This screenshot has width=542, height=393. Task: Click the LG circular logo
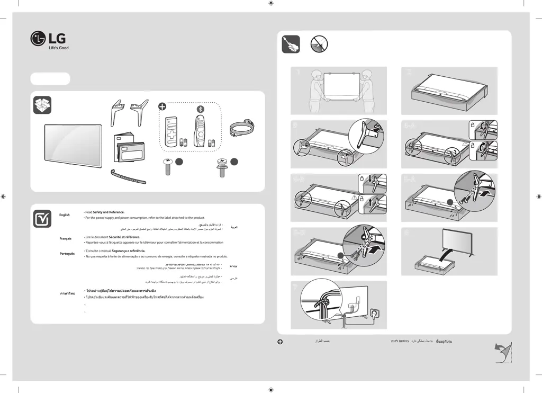tap(38, 39)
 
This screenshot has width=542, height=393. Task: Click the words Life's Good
tap(58, 48)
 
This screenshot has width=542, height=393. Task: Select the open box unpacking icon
tap(42, 105)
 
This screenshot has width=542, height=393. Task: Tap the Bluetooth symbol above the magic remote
tap(200, 109)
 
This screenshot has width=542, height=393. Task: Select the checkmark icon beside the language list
tap(42, 218)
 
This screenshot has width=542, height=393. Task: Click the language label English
tap(65, 215)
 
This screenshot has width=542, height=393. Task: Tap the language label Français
tap(65, 239)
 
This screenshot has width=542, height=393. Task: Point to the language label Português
tap(67, 254)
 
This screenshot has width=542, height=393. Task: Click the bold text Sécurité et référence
tap(124, 237)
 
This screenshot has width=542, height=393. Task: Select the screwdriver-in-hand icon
tap(291, 44)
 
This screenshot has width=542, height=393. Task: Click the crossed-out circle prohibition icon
tap(319, 44)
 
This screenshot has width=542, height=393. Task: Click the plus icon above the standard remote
tap(163, 106)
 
